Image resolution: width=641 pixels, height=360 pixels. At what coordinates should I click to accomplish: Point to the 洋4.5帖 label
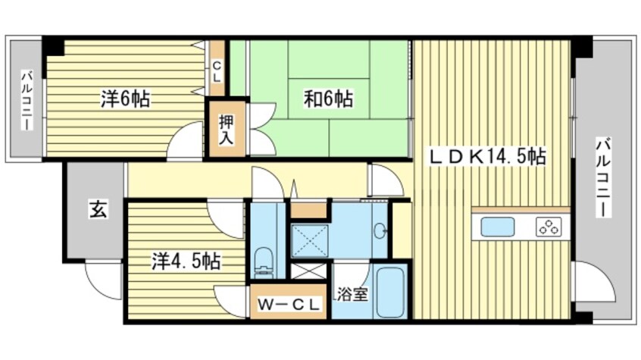(x=186, y=262)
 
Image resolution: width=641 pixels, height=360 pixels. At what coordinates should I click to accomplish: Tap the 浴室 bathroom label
(x=353, y=293)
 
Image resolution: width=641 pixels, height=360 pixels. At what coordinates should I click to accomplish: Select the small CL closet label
(x=217, y=71)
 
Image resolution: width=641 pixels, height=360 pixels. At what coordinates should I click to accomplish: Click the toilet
(x=264, y=262)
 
